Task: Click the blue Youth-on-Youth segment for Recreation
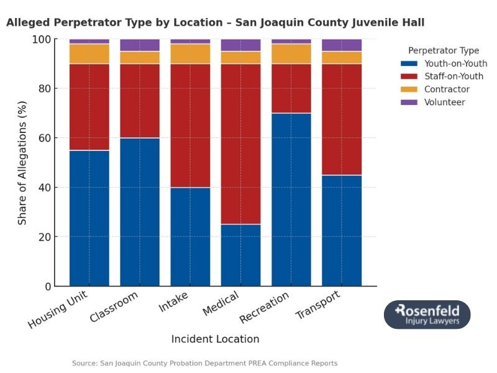click(291, 200)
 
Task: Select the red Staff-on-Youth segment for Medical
click(240, 144)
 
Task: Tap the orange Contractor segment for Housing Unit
click(89, 53)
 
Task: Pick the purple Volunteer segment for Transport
click(341, 45)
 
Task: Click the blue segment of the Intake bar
click(190, 236)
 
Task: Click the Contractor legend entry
click(447, 90)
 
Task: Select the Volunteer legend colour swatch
click(409, 103)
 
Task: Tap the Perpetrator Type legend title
click(443, 50)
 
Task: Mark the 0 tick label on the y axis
click(47, 287)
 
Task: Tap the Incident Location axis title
click(215, 339)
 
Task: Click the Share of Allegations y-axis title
click(22, 163)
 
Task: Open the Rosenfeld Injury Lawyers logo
click(427, 315)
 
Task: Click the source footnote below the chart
click(204, 363)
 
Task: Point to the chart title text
click(215, 22)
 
